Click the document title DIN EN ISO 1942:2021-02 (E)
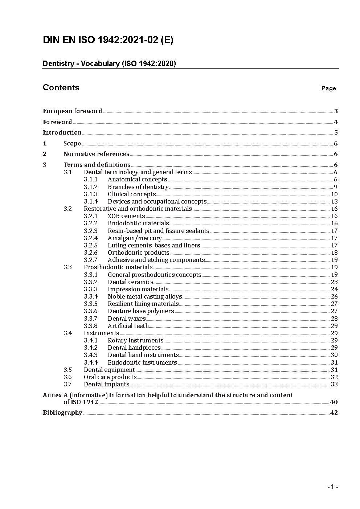tap(108, 40)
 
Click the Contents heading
tap(61, 87)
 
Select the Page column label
tap(328, 88)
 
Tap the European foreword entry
tap(72, 111)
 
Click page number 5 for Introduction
tap(336, 132)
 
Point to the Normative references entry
tap(96, 154)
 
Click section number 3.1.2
tap(91, 187)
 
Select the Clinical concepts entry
tap(132, 194)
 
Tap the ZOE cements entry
tap(126, 216)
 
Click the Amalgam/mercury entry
tap(135, 238)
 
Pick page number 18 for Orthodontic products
tap(334, 253)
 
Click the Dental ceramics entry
tap(131, 282)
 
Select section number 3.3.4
tap(91, 296)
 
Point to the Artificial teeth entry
tap(128, 326)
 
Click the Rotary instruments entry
tap(135, 340)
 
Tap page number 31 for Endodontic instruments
tap(334, 362)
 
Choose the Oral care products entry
tap(110, 377)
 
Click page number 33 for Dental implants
tap(334, 384)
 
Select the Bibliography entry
tap(62, 412)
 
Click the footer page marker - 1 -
tap(333, 487)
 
